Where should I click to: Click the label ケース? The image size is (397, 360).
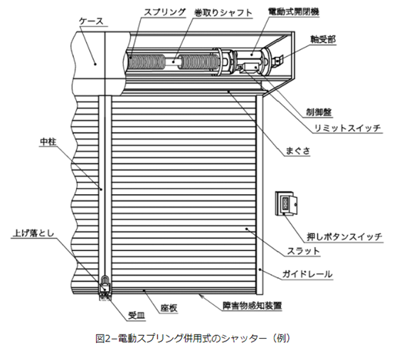[91, 21]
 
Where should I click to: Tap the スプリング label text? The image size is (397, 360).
[165, 12]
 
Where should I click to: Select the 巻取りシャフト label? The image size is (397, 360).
[223, 13]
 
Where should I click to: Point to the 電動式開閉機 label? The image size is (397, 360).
[293, 11]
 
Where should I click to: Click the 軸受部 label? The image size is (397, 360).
[323, 39]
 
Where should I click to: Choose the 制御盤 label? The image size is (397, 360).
[319, 112]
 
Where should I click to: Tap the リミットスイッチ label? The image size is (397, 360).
[347, 128]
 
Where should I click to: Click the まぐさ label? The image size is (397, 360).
[297, 151]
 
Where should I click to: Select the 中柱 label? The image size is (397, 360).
[48, 142]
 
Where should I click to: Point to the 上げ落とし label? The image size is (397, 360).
[33, 233]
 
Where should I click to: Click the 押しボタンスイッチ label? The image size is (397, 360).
[344, 237]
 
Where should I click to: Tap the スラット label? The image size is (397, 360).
[303, 251]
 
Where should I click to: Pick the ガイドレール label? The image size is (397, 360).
[307, 274]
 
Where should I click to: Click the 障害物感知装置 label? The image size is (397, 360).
[252, 305]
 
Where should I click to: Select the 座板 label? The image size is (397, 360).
[169, 308]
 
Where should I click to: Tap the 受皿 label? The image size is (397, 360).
[137, 316]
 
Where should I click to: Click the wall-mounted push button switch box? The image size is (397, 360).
[286, 203]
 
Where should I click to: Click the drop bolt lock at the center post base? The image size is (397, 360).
[105, 285]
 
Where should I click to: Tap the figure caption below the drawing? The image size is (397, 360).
[193, 338]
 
